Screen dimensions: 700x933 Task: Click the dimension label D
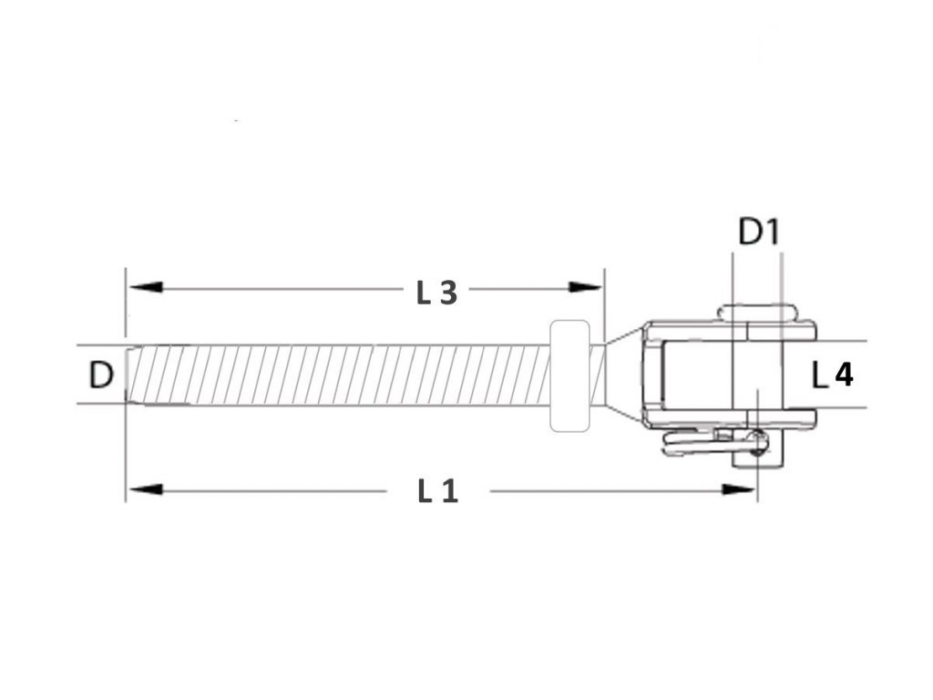tap(101, 374)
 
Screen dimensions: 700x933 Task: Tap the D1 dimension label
tap(758, 232)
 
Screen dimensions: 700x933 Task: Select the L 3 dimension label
tap(436, 293)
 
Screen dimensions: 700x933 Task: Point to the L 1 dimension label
tap(437, 491)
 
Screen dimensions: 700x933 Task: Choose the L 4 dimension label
tap(832, 374)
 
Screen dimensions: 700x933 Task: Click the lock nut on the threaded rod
tap(572, 374)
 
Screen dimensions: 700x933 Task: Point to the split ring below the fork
tap(706, 444)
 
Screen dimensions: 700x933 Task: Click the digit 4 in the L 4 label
tap(844, 374)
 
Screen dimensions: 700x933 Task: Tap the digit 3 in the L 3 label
tap(446, 293)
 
